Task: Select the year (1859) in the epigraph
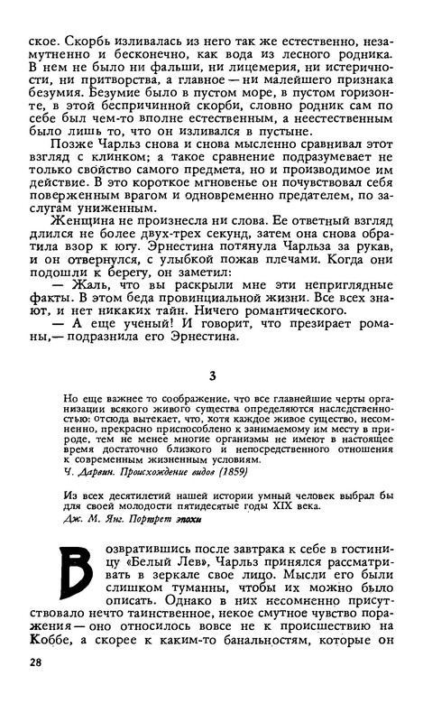[226, 496]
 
